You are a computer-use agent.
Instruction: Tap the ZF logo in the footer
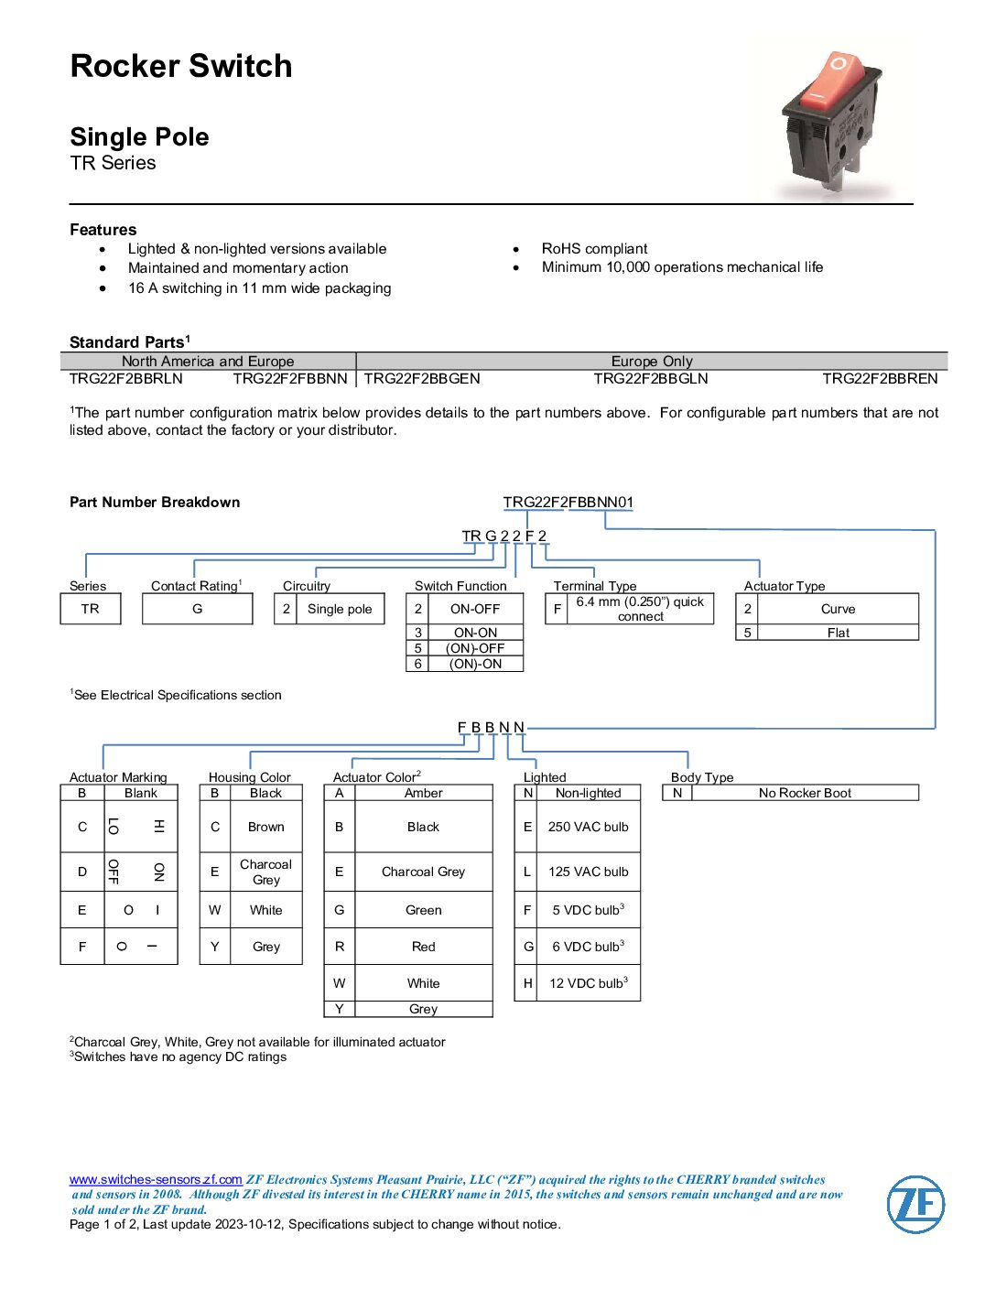click(915, 1204)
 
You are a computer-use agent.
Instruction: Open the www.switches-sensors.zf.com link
click(156, 1179)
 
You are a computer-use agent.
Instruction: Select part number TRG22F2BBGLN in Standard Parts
click(651, 379)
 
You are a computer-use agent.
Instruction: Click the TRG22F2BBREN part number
click(880, 379)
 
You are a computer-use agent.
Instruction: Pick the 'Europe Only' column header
click(652, 362)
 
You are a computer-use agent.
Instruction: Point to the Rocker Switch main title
click(181, 66)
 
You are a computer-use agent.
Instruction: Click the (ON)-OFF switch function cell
click(475, 648)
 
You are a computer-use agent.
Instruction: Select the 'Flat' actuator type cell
click(838, 633)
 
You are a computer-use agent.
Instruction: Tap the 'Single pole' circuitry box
click(340, 609)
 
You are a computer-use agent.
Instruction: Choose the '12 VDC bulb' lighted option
click(588, 983)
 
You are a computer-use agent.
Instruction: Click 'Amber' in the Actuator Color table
click(423, 793)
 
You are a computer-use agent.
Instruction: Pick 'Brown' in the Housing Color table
click(265, 827)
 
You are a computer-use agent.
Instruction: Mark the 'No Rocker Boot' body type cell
click(805, 793)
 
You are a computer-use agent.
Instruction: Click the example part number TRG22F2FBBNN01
click(568, 502)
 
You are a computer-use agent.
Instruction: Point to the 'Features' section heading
click(103, 230)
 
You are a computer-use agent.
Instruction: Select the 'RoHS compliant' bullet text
click(594, 249)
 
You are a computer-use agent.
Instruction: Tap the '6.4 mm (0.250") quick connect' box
click(640, 609)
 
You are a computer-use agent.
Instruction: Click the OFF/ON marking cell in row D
click(136, 872)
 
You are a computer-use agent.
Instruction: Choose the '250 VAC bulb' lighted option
click(588, 827)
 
